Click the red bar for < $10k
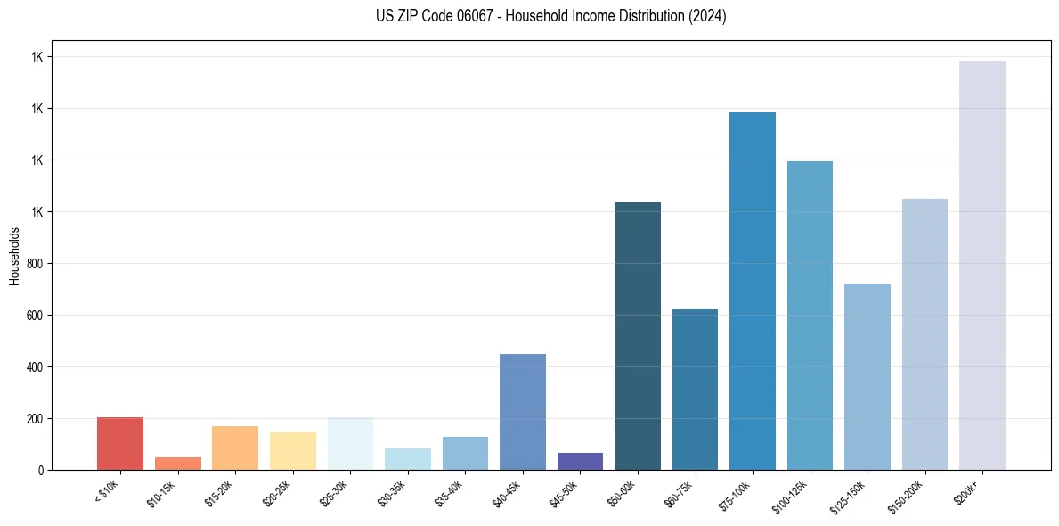coord(120,443)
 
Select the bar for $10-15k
coord(177,464)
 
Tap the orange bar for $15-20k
coord(235,448)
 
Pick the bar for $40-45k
coord(523,412)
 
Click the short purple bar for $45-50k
coord(580,461)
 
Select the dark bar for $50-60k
coord(638,336)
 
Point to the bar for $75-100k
coord(753,291)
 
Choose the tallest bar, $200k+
coord(982,265)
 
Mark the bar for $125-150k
coord(868,376)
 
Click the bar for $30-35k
coord(408,459)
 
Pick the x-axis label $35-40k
coord(452,492)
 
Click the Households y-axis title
coord(14,256)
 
